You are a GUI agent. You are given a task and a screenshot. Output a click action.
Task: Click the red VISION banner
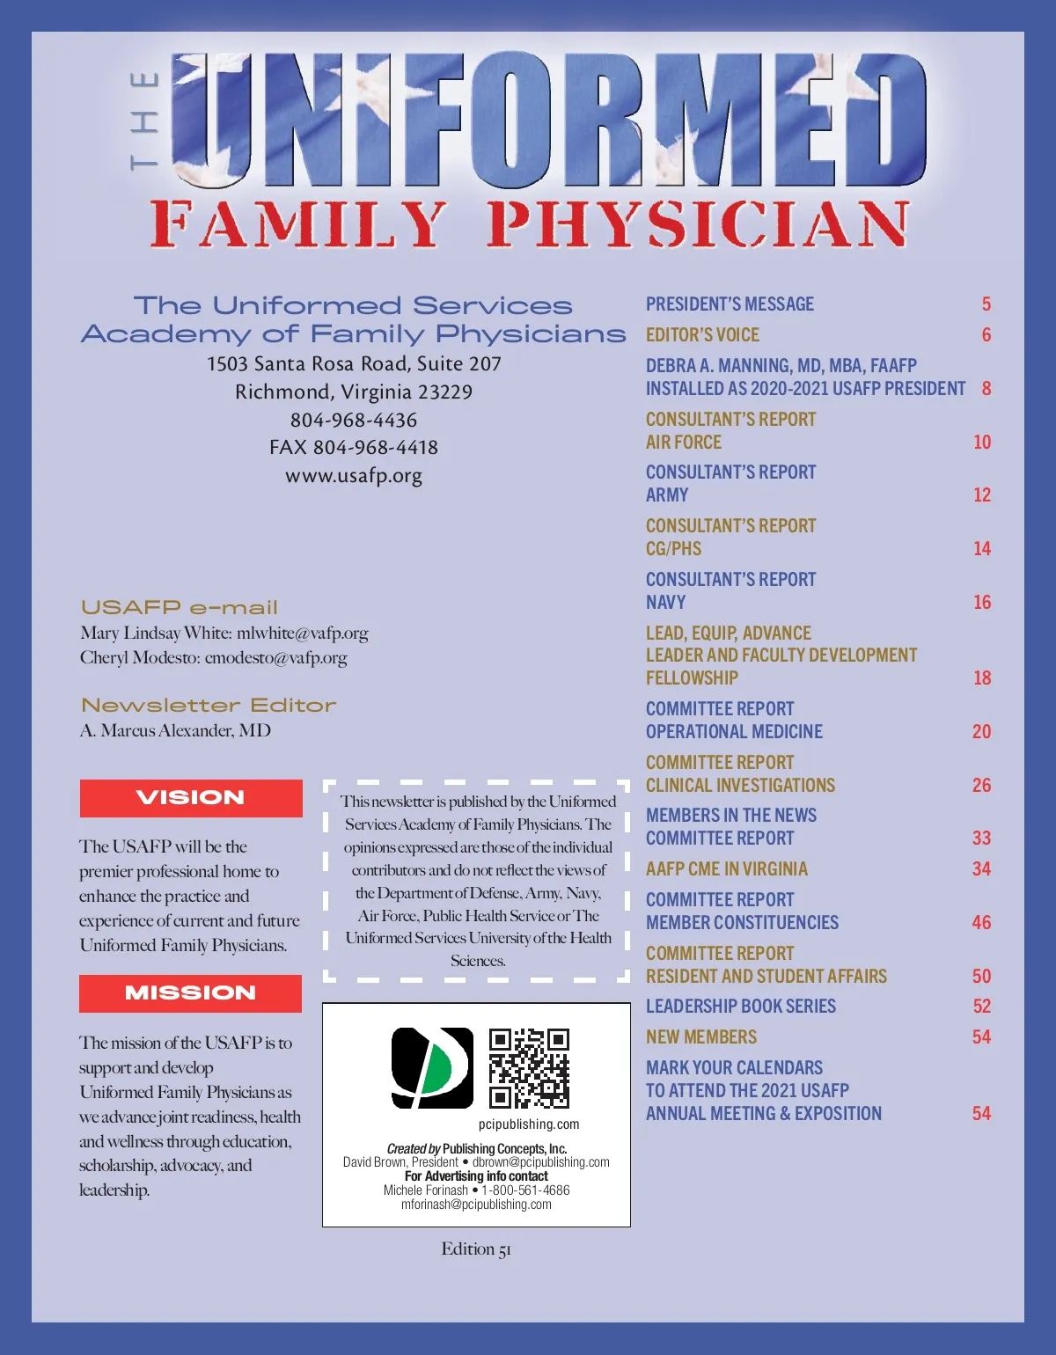[191, 798]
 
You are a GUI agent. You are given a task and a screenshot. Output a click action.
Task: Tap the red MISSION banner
[190, 993]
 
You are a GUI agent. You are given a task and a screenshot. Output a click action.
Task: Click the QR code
[529, 1068]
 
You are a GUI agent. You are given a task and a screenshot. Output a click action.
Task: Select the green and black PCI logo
[432, 1067]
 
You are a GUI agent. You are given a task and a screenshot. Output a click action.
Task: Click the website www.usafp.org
[354, 476]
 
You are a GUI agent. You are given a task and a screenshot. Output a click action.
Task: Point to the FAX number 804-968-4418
[354, 448]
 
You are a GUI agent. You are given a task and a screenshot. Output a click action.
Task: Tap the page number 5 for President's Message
[986, 304]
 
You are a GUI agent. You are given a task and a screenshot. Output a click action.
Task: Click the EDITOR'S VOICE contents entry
[702, 335]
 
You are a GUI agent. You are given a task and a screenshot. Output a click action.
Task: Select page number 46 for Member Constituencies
[981, 923]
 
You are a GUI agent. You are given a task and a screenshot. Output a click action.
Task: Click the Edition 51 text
[476, 1249]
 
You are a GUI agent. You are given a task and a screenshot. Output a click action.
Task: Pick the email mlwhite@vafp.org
[303, 634]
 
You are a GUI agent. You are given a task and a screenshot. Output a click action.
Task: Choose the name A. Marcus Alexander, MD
[175, 730]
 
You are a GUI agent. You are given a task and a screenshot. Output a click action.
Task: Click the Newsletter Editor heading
[209, 706]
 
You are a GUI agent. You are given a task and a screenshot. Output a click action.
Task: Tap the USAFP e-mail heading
[180, 608]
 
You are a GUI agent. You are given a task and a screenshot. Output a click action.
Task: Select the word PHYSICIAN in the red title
[698, 224]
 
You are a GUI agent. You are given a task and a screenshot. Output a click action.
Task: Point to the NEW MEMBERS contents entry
[701, 1037]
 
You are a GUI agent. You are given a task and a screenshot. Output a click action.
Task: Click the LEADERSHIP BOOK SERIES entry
[741, 1007]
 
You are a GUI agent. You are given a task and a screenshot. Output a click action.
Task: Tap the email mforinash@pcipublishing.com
[476, 1205]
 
